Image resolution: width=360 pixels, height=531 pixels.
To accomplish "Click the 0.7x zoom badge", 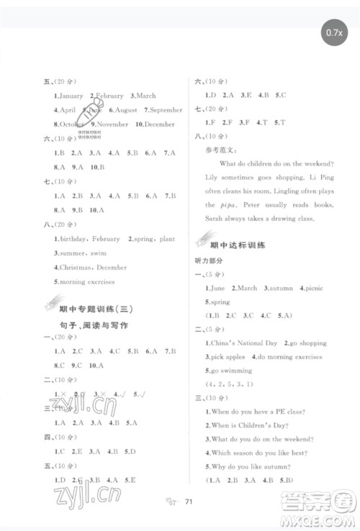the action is [333, 32].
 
